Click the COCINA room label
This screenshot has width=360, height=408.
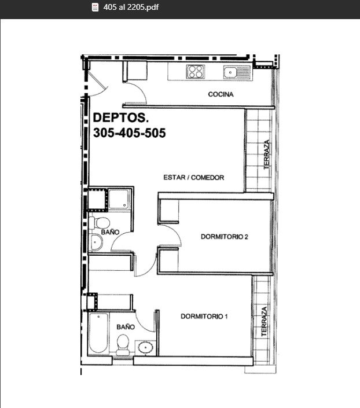tap(221, 94)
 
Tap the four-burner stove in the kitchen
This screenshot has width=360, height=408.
tap(196, 72)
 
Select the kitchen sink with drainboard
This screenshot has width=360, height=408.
tap(237, 72)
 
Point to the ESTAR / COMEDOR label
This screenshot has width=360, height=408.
tap(194, 178)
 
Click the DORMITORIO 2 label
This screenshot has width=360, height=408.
tap(225, 237)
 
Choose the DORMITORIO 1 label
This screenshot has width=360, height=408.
tap(204, 317)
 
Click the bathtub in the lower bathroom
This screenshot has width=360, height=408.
tap(98, 333)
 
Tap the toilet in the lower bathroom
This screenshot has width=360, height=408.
tap(123, 345)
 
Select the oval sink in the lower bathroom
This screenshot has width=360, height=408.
tap(145, 348)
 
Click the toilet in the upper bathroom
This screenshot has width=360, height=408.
tap(100, 223)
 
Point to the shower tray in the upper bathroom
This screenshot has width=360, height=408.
tap(119, 199)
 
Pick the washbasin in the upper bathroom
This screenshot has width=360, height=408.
tap(95, 242)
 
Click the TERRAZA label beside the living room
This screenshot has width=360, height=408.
tap(267, 155)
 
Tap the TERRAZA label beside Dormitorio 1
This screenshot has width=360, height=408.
tap(264, 321)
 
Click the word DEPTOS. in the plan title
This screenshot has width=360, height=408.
tap(121, 117)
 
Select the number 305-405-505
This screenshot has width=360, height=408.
tap(130, 133)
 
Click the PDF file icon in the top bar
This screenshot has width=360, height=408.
tap(95, 7)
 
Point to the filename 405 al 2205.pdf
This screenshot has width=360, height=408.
tap(131, 7)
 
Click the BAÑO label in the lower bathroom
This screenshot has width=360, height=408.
tap(126, 327)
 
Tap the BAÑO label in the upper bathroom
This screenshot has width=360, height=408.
tap(110, 232)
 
